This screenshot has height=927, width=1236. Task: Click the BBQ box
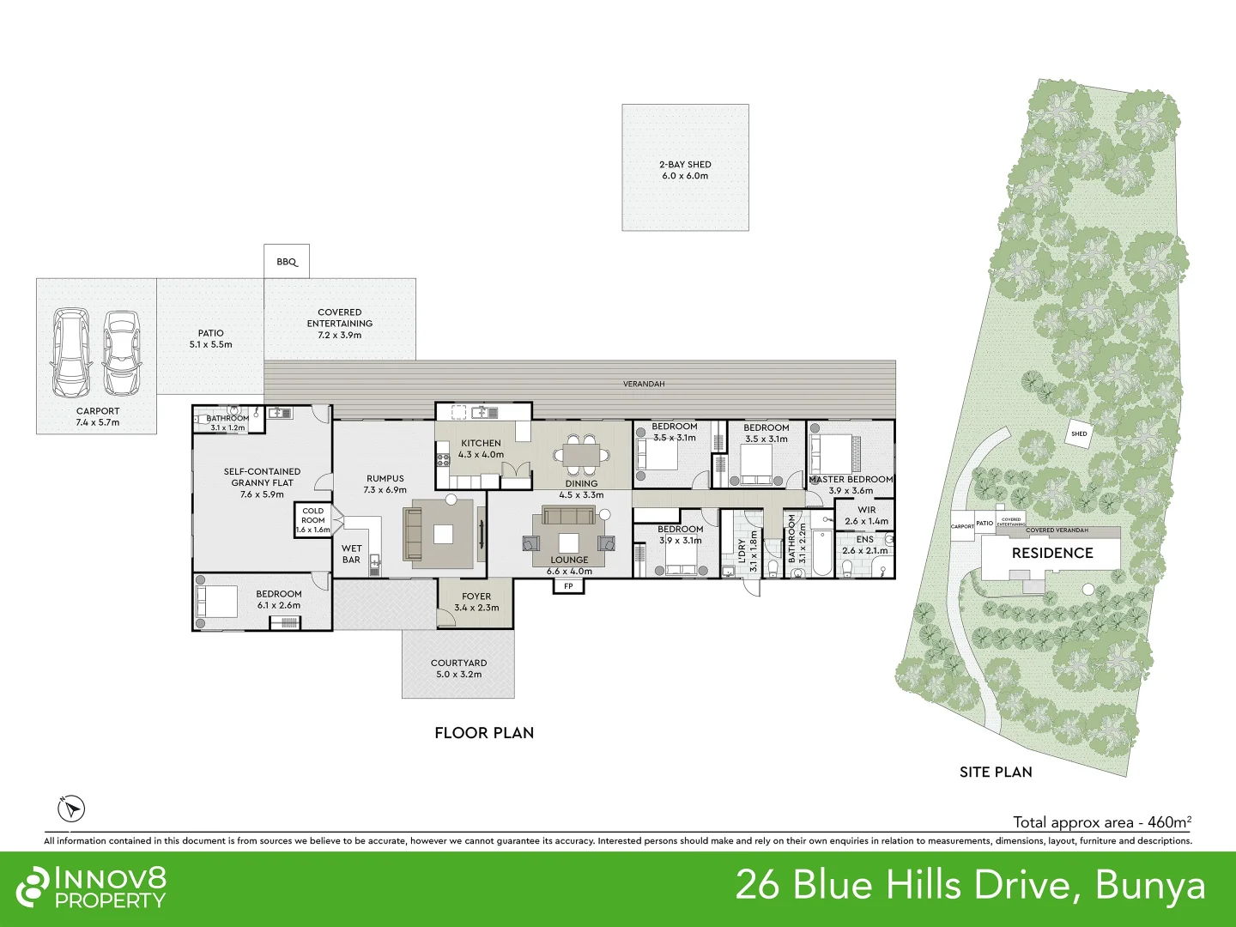point(287,261)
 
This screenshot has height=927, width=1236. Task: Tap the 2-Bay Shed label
point(685,170)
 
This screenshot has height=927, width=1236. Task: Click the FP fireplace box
point(568,586)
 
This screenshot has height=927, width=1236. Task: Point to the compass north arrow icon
point(71,809)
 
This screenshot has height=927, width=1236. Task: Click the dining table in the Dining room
point(582,454)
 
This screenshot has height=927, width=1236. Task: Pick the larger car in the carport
point(71,352)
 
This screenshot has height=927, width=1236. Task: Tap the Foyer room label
point(476,602)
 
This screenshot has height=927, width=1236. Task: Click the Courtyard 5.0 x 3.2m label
point(458,669)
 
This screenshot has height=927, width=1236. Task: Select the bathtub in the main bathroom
point(821,553)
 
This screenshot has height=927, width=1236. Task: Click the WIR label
point(867,510)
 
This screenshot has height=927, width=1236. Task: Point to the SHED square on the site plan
point(1079,434)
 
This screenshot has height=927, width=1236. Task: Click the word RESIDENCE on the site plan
point(1051,553)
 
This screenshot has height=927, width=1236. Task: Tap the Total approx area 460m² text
point(1102,821)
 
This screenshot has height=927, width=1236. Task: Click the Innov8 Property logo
point(91,887)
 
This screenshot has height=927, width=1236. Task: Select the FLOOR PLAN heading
point(484,733)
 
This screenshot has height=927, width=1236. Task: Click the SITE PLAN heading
point(996,772)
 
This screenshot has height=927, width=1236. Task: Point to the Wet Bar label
point(351,554)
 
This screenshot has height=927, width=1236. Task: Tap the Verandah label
point(644,384)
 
